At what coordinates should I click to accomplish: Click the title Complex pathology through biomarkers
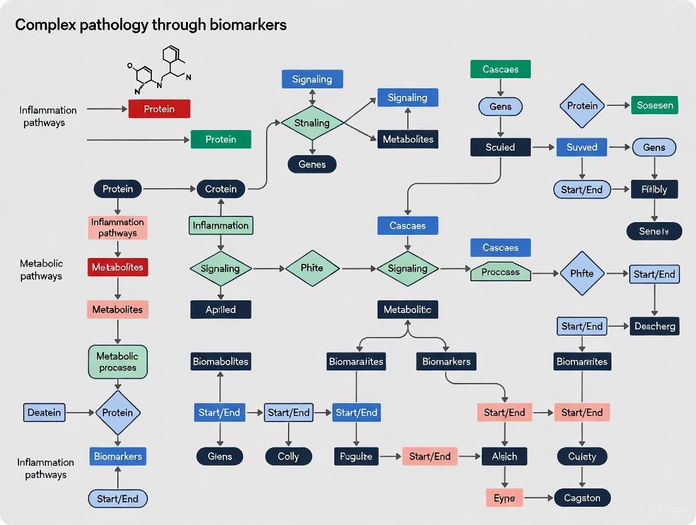point(151,25)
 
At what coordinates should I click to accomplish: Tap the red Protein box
point(159,109)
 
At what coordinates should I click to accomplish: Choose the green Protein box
point(221,139)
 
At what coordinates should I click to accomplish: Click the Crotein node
point(221,189)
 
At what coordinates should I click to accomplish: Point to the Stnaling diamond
point(312,123)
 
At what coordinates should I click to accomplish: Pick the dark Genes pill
point(312,165)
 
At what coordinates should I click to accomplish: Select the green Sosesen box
point(654,105)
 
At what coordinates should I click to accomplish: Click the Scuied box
point(501,148)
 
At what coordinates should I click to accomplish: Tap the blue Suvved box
point(581,148)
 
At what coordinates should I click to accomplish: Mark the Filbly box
point(654,189)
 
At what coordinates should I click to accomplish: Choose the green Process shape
point(501,273)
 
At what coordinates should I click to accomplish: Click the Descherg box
point(654,326)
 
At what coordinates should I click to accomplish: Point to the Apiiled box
point(221,309)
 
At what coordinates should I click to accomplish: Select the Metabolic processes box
point(118,362)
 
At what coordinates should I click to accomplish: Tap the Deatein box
point(44,413)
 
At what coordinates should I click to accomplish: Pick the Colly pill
point(288,456)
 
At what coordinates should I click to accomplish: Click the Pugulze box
point(356,456)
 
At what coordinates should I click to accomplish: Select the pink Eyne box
point(504,498)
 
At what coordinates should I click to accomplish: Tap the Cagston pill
point(582,498)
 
